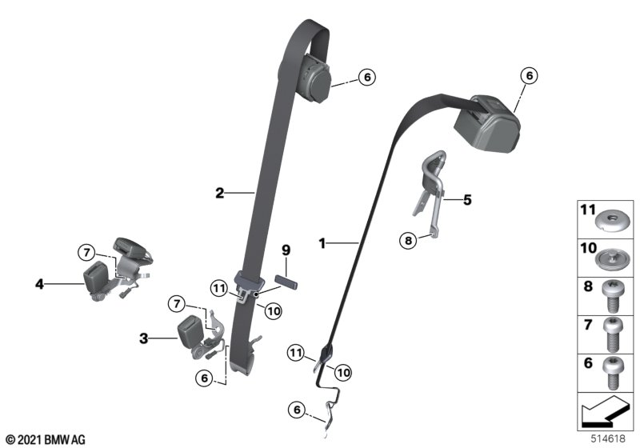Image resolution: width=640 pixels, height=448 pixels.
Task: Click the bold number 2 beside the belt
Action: [x=220, y=193]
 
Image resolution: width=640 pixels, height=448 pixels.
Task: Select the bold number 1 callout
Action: [x=322, y=243]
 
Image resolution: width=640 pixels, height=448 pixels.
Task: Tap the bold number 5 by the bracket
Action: [x=467, y=200]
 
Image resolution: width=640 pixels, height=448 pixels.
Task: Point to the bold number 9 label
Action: [x=286, y=250]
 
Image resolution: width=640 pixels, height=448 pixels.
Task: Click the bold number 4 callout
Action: [x=39, y=284]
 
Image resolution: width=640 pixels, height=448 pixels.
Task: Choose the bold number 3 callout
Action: [x=144, y=338]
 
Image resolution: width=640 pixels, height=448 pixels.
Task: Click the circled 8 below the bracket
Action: [x=408, y=241]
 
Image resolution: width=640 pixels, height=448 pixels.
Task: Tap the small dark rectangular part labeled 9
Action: [x=286, y=282]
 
